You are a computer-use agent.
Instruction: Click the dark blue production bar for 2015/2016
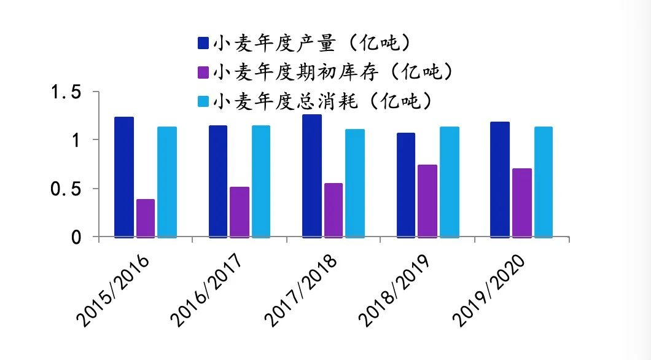coord(124,177)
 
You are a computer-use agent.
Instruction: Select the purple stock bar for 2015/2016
coord(146,218)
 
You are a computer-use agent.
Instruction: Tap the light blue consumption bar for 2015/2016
coord(167,182)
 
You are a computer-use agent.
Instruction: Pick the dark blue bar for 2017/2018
coord(312,176)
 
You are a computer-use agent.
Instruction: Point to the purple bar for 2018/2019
coord(427,201)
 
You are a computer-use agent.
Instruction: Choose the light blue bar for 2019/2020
coord(543,182)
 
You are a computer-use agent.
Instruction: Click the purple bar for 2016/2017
coord(240,212)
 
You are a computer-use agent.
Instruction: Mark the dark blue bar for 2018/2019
coord(406,185)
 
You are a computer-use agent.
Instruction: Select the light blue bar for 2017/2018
coord(355,183)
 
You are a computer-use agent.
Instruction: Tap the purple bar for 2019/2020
coord(521,203)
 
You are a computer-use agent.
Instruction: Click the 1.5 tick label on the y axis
coord(66,93)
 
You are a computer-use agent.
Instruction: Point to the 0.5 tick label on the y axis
coord(66,189)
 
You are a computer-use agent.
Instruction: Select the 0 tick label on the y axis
coord(76,237)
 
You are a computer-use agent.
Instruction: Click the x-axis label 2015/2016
coord(114,288)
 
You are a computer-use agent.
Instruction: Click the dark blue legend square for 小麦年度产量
coord(203,43)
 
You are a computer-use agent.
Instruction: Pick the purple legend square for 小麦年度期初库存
coord(203,72)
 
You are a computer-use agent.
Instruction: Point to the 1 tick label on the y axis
coord(76,141)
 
